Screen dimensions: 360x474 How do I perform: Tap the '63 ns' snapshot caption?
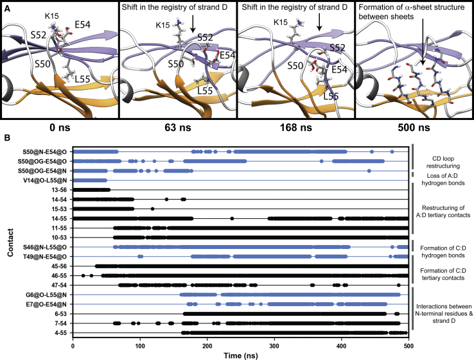pos(178,127)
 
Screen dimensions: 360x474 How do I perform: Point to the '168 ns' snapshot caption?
pos(296,127)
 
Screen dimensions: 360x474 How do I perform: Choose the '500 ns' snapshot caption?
pos(414,127)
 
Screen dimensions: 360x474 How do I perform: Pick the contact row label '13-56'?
pos(60,190)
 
